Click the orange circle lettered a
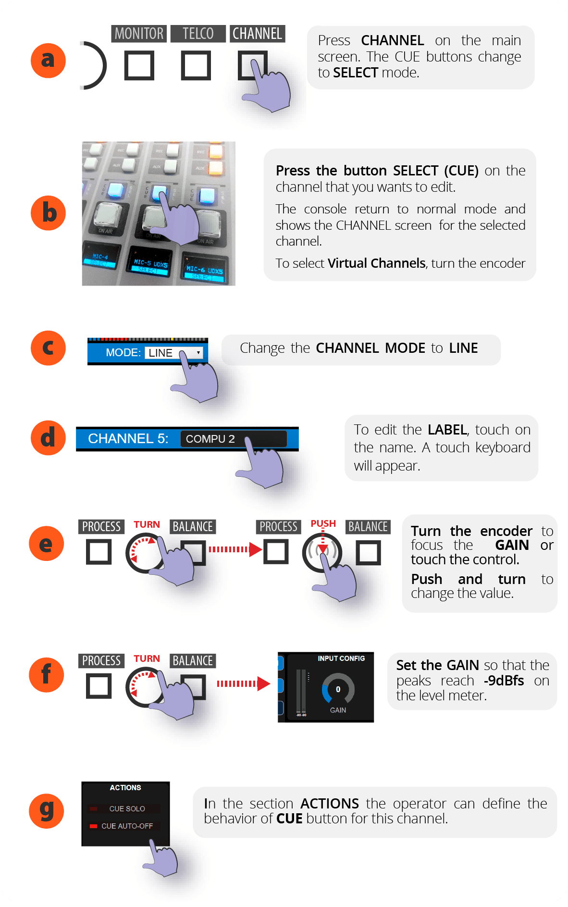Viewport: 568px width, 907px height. [x=48, y=61]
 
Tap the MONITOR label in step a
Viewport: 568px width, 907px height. [x=139, y=34]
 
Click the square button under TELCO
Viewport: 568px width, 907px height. [x=196, y=66]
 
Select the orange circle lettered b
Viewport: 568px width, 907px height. [x=48, y=213]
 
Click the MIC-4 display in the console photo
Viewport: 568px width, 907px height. [x=100, y=260]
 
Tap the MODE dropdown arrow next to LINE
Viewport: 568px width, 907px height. [x=198, y=352]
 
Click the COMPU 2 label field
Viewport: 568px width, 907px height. [x=210, y=439]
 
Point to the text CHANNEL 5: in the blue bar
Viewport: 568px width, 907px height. [x=128, y=438]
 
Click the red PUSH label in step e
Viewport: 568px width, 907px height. [x=323, y=523]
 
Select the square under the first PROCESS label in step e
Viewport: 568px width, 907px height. [x=99, y=552]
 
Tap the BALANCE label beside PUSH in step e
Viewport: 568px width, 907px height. [x=368, y=527]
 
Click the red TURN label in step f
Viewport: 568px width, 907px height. [x=147, y=659]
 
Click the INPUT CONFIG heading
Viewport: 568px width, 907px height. [x=341, y=659]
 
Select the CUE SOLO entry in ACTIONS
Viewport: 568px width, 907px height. [x=127, y=809]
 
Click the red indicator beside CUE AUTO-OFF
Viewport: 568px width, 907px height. [x=93, y=826]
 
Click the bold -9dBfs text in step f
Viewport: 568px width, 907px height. [x=504, y=681]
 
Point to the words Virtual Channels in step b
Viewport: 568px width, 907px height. [x=376, y=263]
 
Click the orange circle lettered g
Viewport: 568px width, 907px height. [x=47, y=811]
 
